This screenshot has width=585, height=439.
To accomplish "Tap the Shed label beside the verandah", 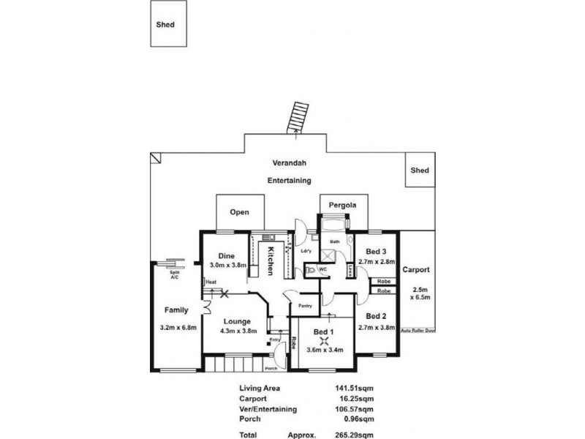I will pos(419,170).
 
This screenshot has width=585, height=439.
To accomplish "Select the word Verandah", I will pos(289,165).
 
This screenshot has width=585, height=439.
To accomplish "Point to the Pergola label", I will pos(342,206).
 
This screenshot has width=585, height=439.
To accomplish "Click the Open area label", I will pos(240,212).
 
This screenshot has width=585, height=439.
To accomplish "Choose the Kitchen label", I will pos(270,260).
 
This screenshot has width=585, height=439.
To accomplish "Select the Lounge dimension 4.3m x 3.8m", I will pos(238,331).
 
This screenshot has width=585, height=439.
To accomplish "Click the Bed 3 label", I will pos(377,251).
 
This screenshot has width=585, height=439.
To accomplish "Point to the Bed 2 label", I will pos(377,316).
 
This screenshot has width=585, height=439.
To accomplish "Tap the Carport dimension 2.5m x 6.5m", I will pos(420,293).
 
